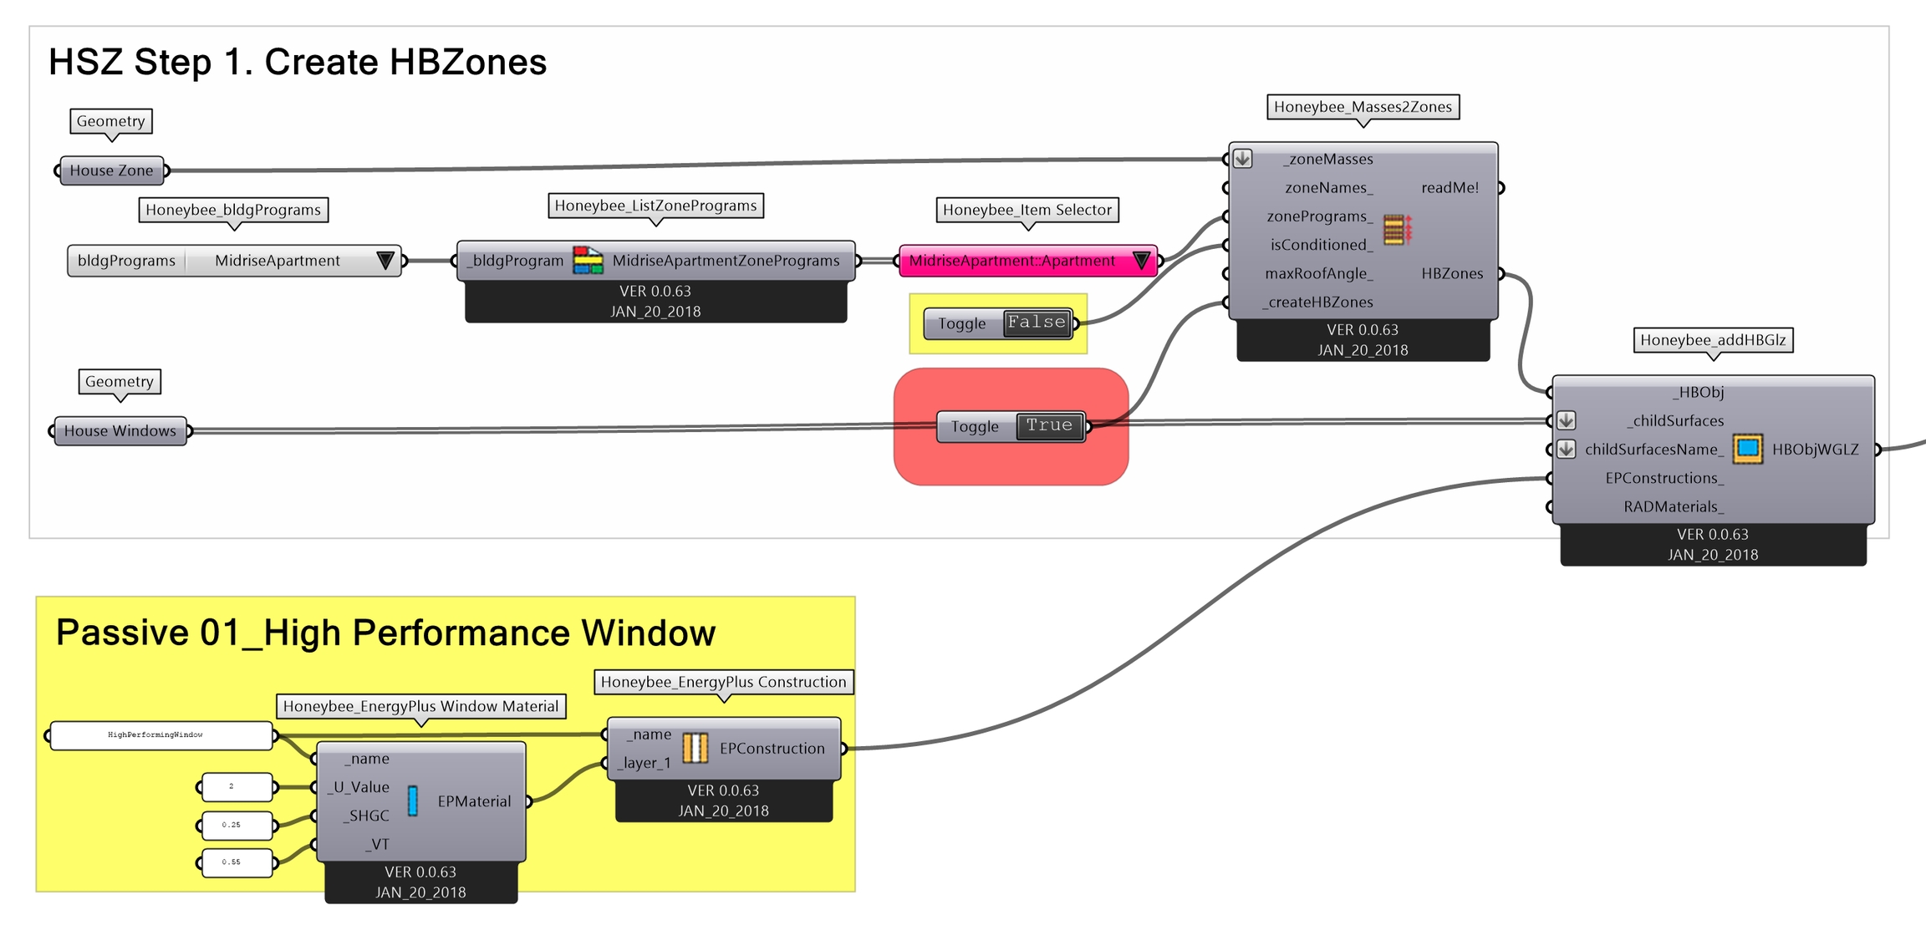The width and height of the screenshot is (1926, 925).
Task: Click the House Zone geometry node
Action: (111, 170)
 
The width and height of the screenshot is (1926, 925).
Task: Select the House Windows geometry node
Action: (120, 431)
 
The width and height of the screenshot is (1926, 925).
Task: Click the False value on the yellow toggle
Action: (1037, 323)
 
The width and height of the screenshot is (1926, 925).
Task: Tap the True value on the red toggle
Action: (1049, 426)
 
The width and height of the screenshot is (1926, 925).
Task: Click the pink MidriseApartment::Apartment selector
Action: (1012, 261)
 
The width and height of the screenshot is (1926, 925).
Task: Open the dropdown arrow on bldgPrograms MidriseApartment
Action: (385, 261)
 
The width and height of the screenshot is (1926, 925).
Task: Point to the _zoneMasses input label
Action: (1330, 159)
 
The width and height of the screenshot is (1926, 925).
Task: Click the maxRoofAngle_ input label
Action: (1318, 273)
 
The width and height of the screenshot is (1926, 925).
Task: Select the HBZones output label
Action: (1452, 273)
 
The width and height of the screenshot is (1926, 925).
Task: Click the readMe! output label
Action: (1450, 188)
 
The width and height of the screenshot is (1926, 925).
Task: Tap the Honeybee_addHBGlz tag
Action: (1713, 340)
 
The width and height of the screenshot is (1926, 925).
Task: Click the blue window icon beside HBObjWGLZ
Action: (1747, 449)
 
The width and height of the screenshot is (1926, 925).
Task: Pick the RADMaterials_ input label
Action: (1674, 506)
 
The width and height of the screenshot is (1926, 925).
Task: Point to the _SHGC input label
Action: (366, 816)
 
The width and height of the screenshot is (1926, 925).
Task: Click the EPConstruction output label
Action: (772, 749)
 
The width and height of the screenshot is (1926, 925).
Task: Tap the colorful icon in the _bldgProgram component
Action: (588, 261)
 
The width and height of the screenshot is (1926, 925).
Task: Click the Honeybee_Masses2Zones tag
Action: (1363, 107)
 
